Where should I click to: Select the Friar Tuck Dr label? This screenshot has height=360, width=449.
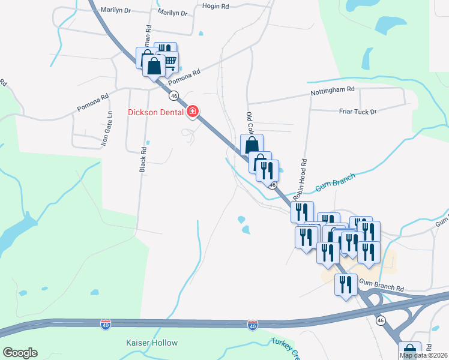coord(357,112)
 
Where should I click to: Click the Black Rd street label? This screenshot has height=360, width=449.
coord(143,160)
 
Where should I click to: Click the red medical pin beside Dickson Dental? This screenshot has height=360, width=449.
coord(193,111)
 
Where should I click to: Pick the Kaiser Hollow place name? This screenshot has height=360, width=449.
coord(151,343)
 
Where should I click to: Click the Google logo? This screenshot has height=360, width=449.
coord(20,353)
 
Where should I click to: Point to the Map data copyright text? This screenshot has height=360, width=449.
coord(424,355)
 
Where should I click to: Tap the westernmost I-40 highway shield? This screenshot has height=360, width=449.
coord(106,324)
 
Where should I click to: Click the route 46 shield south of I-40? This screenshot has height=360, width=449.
coord(381,321)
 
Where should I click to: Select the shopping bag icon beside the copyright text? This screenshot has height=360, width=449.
coord(409,351)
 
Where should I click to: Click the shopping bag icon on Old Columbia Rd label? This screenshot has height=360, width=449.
coord(252,145)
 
